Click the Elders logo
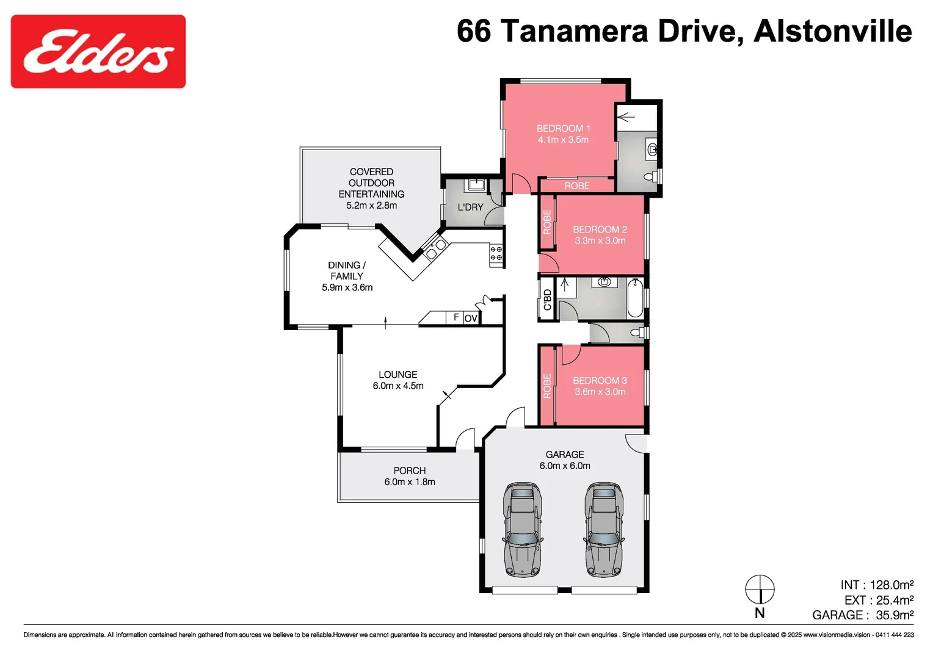click(98, 52)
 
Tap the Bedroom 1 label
click(563, 129)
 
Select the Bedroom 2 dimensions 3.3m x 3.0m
click(600, 241)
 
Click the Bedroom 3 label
click(600, 381)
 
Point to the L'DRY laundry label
click(470, 207)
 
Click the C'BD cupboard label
click(547, 300)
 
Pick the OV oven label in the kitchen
click(471, 319)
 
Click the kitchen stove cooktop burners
click(496, 254)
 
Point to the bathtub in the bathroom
click(635, 298)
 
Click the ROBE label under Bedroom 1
click(576, 186)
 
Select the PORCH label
click(410, 470)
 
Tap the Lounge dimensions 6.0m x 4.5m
click(398, 386)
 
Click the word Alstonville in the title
click(833, 31)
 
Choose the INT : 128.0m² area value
click(877, 585)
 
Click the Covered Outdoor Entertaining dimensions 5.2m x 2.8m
click(371, 206)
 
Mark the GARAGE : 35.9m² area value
click(862, 615)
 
